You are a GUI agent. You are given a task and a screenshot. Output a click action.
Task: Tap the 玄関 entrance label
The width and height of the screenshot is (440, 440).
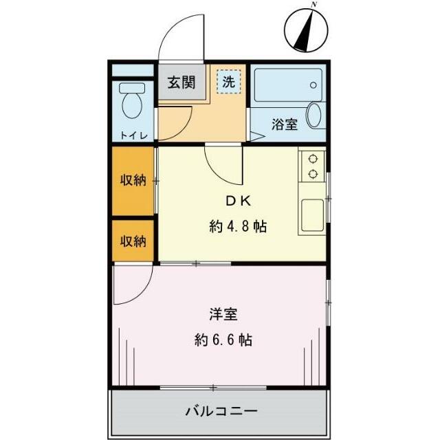181,83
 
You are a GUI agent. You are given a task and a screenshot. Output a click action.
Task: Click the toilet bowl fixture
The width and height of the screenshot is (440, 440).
131,103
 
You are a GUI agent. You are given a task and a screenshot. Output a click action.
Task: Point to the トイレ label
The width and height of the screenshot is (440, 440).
133,135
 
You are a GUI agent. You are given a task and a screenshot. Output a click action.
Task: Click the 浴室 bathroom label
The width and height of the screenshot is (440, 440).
284,124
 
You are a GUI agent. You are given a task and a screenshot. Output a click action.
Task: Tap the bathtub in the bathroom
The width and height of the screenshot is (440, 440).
285,86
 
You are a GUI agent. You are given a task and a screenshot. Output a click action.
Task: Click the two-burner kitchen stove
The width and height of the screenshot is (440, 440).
313,165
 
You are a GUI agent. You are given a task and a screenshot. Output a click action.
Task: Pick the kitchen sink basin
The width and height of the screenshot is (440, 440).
311,215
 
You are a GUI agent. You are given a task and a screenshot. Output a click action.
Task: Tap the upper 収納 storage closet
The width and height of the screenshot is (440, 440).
134,181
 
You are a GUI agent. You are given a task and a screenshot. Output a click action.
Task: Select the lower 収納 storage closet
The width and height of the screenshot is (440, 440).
134,241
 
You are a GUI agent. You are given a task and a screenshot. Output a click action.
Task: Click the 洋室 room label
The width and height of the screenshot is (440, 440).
223,315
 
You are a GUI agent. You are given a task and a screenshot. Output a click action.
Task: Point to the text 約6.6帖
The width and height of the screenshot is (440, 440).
223,340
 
